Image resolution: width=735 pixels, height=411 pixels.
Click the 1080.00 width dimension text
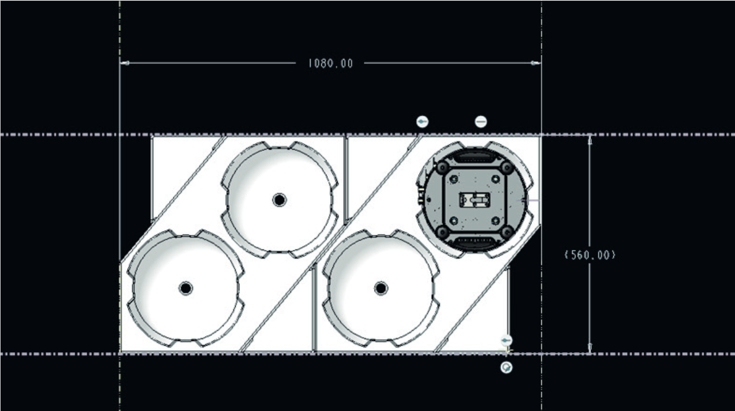[x=331, y=64]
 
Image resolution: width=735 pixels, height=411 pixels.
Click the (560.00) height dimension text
[x=590, y=255]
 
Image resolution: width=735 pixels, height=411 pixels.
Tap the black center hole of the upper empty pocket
[x=280, y=200]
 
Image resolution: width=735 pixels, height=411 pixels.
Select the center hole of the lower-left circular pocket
[x=186, y=288]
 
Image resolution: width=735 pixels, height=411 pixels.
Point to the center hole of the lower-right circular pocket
[x=381, y=289]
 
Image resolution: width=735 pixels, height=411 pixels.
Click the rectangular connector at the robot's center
[x=475, y=200]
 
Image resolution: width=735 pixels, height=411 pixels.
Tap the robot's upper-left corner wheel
[x=442, y=168]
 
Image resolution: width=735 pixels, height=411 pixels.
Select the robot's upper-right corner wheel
[x=507, y=168]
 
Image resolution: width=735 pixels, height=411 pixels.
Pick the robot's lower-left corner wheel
[x=442, y=232]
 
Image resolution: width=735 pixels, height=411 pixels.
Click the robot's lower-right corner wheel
[x=507, y=232]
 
